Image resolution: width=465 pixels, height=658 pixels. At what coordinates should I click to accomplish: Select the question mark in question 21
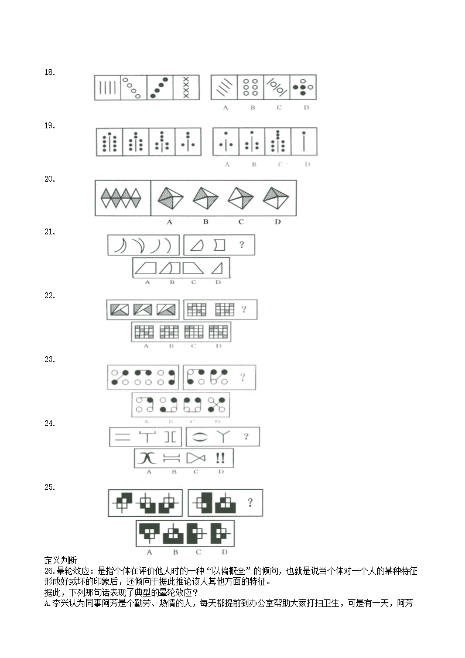[241, 245]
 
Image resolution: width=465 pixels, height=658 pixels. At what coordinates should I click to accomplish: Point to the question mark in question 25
[250, 503]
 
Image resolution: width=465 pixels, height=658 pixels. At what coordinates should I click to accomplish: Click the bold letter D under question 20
[278, 222]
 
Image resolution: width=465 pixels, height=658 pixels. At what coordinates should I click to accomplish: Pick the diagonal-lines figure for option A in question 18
[224, 88]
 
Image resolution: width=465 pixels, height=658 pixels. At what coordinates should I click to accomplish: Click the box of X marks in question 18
[186, 88]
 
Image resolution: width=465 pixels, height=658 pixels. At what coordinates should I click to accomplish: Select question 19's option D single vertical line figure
[304, 142]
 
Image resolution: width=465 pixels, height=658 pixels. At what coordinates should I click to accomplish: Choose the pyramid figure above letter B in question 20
[206, 199]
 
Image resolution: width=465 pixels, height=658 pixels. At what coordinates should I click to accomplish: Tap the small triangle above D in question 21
[217, 268]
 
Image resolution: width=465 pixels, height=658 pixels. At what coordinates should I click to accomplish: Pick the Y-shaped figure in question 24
[223, 437]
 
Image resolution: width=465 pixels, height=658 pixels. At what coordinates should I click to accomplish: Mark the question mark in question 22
[244, 309]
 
